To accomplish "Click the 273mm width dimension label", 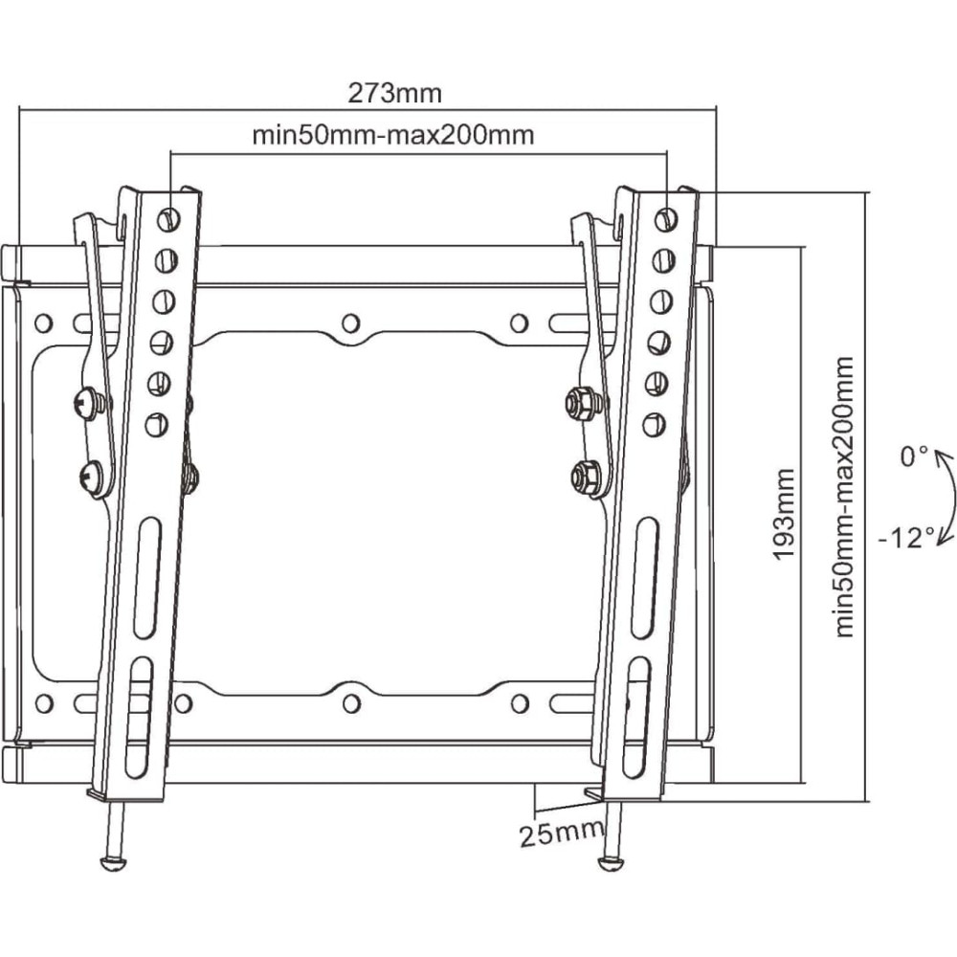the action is [394, 94].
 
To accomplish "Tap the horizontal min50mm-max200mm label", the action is [393, 135].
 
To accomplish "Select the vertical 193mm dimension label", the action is [784, 513].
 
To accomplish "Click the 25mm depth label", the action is [562, 834].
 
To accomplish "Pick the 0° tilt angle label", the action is [914, 456].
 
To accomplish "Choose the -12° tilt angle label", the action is [906, 538].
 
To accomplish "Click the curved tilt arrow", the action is [947, 498].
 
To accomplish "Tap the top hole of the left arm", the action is [168, 219].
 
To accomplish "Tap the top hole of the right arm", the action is [666, 219].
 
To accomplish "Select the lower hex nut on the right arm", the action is [585, 477].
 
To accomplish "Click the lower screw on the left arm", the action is [92, 477].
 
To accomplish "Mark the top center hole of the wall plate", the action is [351, 323].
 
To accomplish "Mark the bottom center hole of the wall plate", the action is [351, 703].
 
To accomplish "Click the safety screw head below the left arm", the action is [114, 862].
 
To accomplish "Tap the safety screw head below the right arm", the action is [611, 862].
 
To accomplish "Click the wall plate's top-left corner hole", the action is [44, 323].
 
